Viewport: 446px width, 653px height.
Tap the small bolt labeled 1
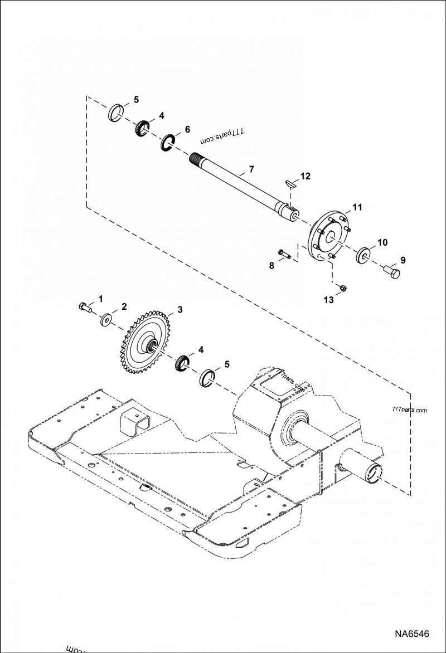[x=84, y=306]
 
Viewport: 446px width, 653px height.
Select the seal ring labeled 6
[x=168, y=143]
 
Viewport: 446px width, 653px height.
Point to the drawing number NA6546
[x=412, y=634]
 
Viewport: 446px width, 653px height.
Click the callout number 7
[x=251, y=168]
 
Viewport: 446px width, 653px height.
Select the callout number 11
[x=357, y=207]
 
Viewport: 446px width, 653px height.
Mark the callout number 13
[x=328, y=300]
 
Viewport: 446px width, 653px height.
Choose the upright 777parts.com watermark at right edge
[x=410, y=411]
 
